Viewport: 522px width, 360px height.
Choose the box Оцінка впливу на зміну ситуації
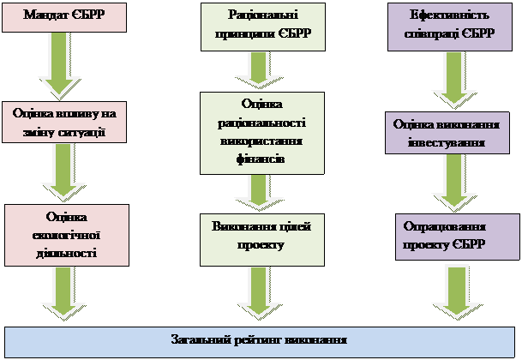[x=66, y=123]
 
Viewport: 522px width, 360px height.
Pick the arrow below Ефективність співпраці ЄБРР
[x=453, y=80]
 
